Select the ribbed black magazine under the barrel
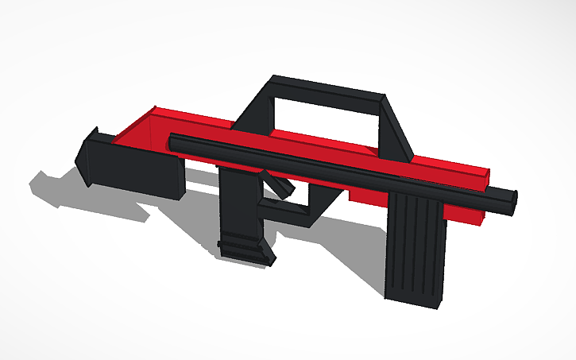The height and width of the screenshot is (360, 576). pyautogui.click(x=415, y=246)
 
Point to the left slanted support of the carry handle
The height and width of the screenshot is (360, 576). pyautogui.click(x=254, y=111)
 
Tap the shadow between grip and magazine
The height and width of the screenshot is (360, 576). pyautogui.click(x=334, y=238)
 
